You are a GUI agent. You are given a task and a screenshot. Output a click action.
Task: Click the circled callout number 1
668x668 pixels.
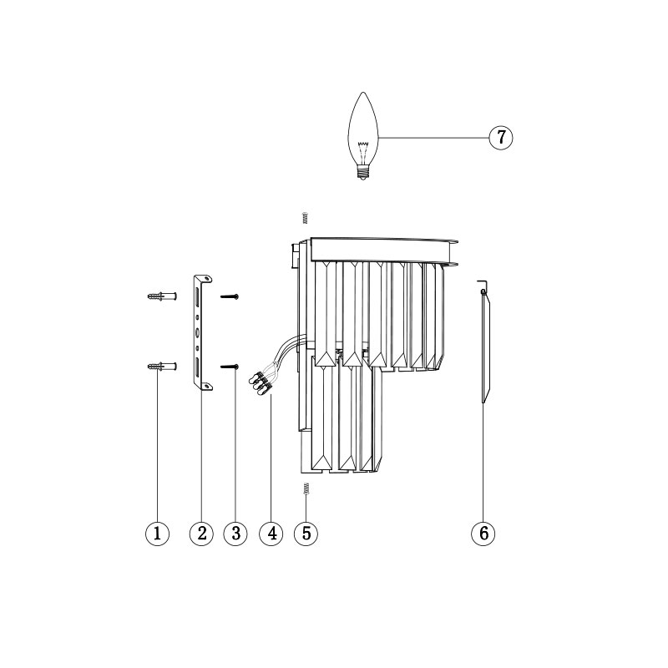pos(157,533)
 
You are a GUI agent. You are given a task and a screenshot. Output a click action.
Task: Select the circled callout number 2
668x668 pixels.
pos(201,533)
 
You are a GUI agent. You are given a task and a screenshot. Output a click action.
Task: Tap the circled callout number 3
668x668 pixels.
pos(235,533)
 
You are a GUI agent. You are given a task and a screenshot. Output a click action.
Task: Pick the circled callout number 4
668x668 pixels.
pos(271,533)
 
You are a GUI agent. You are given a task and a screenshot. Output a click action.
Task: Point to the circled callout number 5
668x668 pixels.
pos(306,533)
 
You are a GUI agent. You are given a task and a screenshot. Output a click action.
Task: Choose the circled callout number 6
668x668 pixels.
pos(483,533)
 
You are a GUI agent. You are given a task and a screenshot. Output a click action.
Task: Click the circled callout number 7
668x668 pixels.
pos(500,137)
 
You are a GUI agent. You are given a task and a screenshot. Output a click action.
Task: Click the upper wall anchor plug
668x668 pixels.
pos(162,296)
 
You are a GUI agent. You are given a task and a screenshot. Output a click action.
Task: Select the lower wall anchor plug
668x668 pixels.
pos(162,367)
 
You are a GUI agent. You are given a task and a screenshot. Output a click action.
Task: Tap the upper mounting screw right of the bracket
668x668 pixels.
pos(229,296)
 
